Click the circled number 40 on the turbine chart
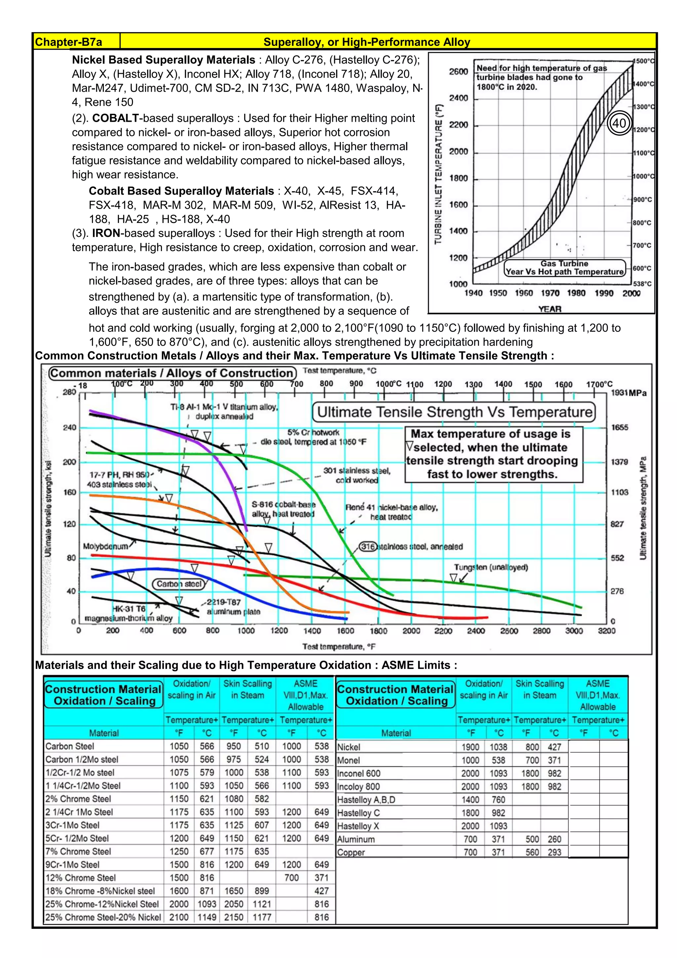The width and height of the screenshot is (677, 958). coord(619,123)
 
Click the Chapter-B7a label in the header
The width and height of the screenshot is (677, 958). coord(68,42)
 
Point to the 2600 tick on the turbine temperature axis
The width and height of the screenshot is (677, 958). coord(458,72)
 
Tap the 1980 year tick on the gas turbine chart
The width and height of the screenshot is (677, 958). coord(576,293)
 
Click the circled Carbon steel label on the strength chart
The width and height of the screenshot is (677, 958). coord(179,584)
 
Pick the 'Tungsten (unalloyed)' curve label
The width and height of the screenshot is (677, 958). coord(491,567)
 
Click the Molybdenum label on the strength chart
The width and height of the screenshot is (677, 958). coord(105,546)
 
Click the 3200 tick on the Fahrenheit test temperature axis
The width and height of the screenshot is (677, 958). coord(607,631)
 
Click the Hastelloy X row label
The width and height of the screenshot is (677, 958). coord(358,826)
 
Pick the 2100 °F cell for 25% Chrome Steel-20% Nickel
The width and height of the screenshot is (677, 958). coord(179,918)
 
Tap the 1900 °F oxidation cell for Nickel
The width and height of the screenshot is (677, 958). coord(470,747)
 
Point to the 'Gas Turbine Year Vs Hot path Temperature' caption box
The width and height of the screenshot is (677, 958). coord(565,268)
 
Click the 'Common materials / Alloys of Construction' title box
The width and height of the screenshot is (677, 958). coord(173,373)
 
